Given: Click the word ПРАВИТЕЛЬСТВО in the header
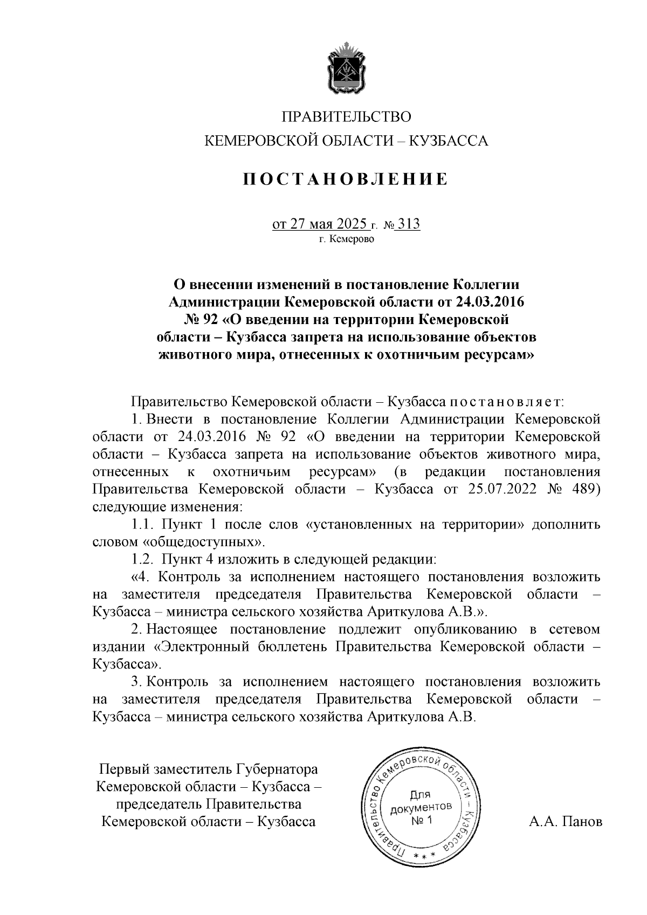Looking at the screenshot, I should pos(347,116).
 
